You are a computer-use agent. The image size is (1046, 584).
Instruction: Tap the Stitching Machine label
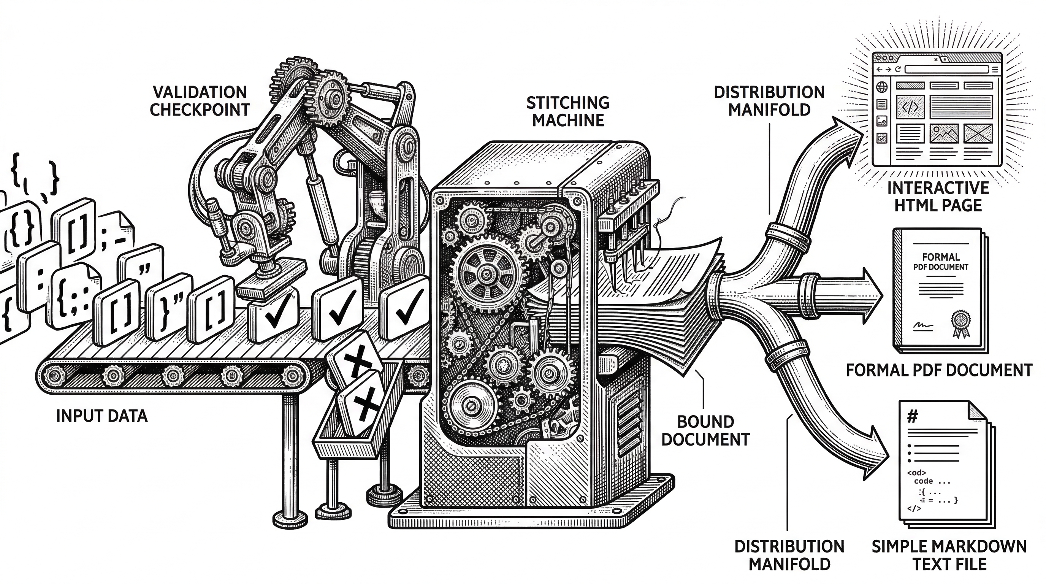568,111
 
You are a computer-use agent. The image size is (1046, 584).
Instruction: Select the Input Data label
101,416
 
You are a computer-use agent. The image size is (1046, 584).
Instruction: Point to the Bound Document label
705,430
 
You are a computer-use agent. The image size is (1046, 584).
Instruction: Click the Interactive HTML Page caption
938,197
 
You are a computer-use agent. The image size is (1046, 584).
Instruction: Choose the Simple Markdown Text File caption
949,555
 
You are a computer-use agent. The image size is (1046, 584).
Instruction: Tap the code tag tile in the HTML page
910,106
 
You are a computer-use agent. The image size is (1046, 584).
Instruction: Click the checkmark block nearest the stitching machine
404,308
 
